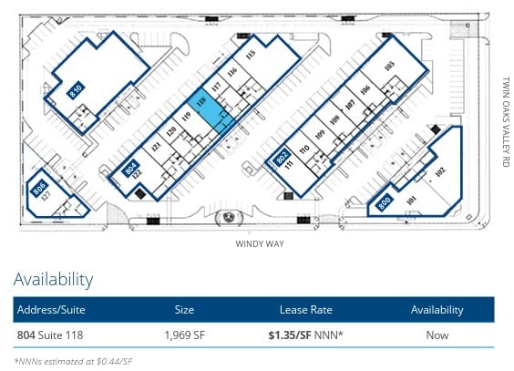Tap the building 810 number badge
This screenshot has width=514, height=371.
click(x=77, y=89)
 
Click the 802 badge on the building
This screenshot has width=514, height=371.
click(x=283, y=155)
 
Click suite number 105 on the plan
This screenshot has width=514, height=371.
click(x=389, y=66)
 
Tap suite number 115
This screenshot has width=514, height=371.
click(x=250, y=57)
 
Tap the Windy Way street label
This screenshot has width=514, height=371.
click(x=256, y=243)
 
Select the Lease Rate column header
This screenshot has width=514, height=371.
click(x=305, y=310)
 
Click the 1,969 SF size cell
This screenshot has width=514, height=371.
click(x=184, y=335)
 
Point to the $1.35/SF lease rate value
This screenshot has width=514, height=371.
click(x=291, y=335)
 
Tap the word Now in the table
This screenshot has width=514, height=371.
click(x=437, y=335)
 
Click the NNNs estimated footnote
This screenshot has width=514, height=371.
click(x=73, y=361)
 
